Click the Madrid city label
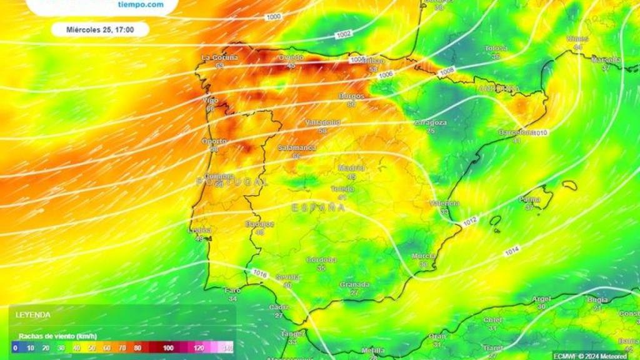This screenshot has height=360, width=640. pyautogui.click(x=351, y=167)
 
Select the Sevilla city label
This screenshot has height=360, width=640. pyautogui.click(x=288, y=277)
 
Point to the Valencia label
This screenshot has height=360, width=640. pyautogui.click(x=444, y=203)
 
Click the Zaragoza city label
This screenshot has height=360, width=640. pyautogui.click(x=430, y=122)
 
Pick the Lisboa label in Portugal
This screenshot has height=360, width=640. pyautogui.click(x=199, y=230)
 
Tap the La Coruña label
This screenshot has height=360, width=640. pyautogui.click(x=219, y=57)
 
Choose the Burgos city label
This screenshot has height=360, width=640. pyautogui.click(x=351, y=96)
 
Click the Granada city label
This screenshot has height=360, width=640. pyautogui.click(x=354, y=284)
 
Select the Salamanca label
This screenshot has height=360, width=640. pyautogui.click(x=297, y=148)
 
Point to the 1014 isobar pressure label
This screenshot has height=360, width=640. pyautogui.click(x=511, y=251)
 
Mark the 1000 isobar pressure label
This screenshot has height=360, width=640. pyautogui.click(x=273, y=17)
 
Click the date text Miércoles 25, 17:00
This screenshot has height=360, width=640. pyautogui.click(x=99, y=29)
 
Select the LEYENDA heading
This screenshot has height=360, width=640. pyautogui.click(x=32, y=315)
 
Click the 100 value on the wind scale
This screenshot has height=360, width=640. pyautogui.click(x=168, y=347)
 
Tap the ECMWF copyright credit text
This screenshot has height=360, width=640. pyautogui.click(x=590, y=356)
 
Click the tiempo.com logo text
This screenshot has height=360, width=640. pyautogui.click(x=141, y=4)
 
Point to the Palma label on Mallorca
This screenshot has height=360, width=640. pyautogui.click(x=529, y=200)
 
